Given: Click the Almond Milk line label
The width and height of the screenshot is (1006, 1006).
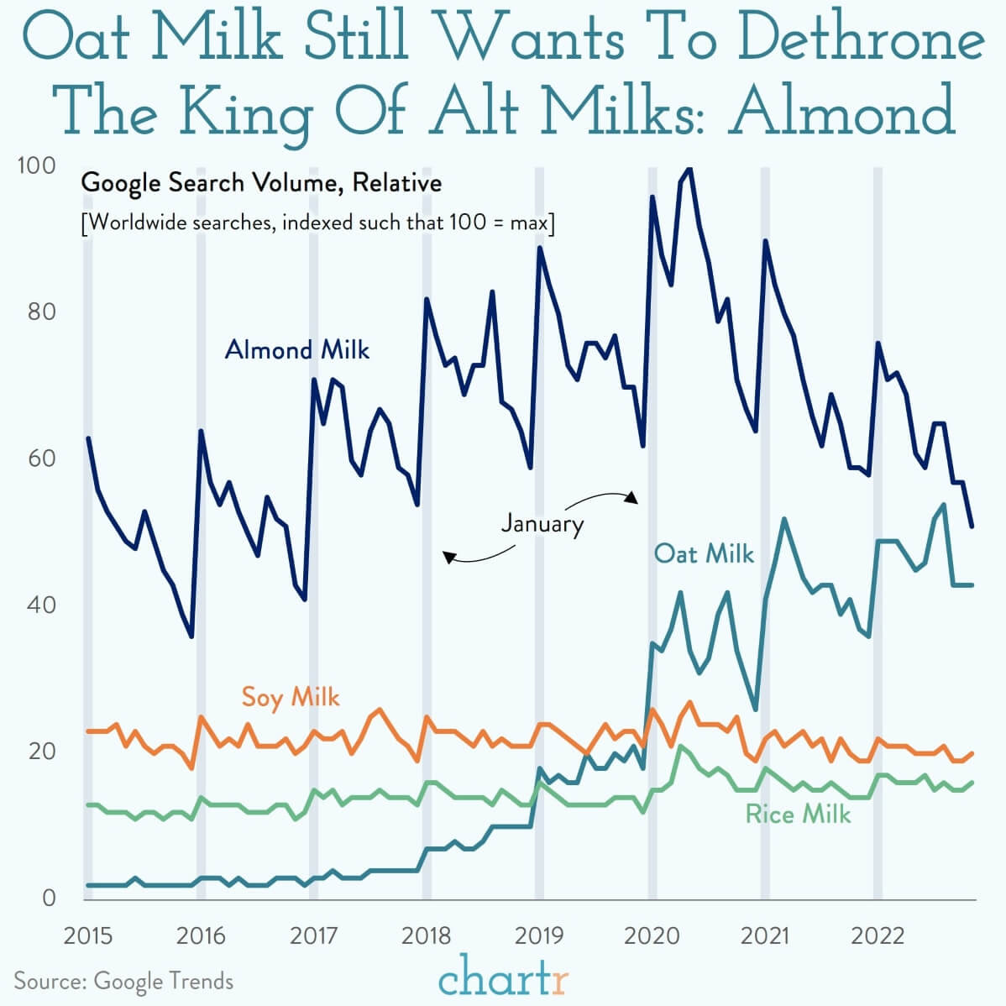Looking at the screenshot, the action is (297, 350).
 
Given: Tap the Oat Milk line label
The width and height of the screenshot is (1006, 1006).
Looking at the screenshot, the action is (704, 553).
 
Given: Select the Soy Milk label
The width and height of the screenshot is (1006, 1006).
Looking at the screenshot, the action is (290, 698).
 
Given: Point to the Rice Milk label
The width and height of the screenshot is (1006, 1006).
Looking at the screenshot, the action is (798, 815).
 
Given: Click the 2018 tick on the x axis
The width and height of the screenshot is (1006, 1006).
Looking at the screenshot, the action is (426, 936).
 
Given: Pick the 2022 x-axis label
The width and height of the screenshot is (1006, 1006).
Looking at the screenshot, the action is (878, 936).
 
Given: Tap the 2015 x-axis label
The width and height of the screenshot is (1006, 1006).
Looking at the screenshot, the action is (88, 936).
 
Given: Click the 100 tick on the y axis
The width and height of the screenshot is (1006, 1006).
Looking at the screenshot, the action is (37, 165).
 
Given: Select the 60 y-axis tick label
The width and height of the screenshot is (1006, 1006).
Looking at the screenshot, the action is (42, 458).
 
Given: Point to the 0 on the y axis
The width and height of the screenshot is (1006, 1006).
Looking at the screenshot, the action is (49, 899).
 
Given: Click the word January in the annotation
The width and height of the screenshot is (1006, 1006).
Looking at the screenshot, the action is (542, 523).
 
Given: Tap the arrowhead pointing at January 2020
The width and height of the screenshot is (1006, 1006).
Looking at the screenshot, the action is (632, 498).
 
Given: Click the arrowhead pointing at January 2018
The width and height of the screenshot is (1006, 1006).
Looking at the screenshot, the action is (449, 557).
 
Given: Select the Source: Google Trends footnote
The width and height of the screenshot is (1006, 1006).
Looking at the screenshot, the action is (123, 982).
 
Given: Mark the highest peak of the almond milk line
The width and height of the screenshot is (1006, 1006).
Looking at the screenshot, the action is (689, 169).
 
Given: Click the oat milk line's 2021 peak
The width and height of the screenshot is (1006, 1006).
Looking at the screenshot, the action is (784, 519).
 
